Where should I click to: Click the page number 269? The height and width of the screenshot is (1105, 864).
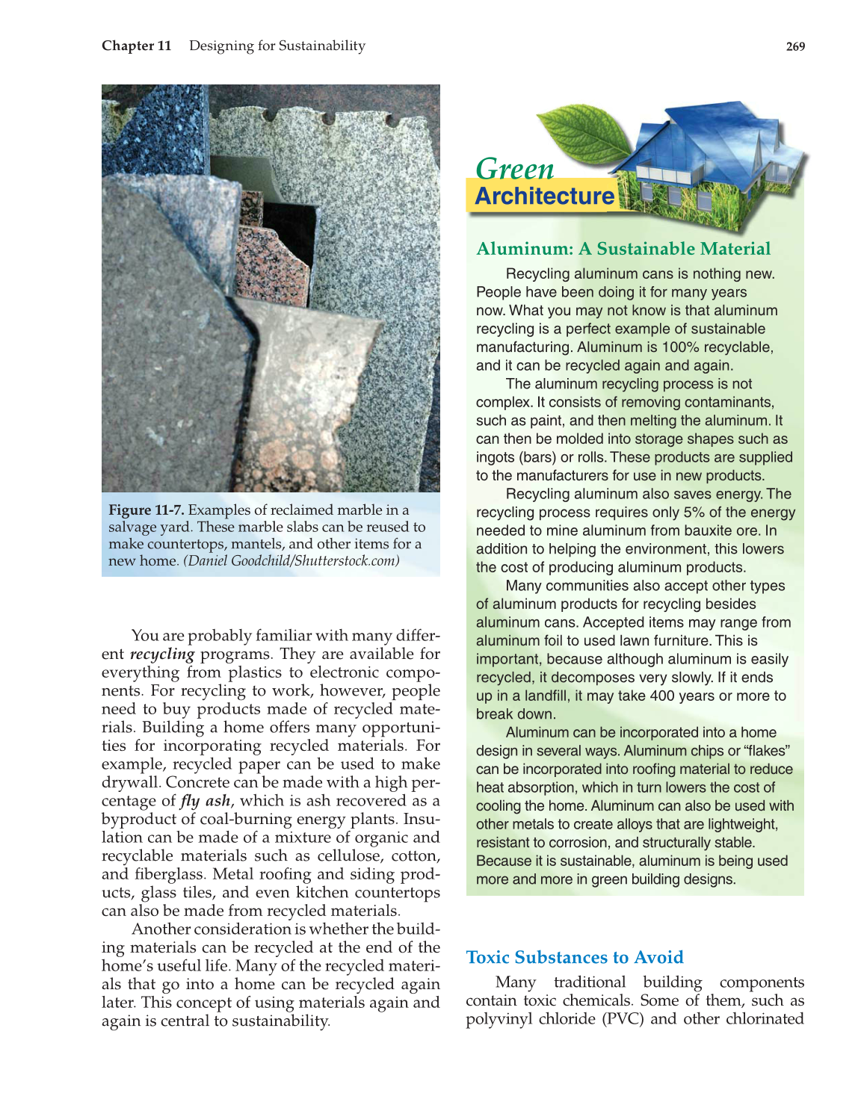(x=795, y=46)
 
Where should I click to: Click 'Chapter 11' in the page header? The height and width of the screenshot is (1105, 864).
(x=136, y=46)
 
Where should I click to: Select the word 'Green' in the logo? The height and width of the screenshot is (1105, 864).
(x=514, y=169)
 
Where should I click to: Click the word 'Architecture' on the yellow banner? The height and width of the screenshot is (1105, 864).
(x=544, y=196)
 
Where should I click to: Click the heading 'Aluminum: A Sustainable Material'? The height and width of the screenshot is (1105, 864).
(x=623, y=249)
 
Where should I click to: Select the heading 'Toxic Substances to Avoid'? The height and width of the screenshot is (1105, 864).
(x=574, y=957)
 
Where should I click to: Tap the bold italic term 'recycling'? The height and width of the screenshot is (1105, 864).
(x=161, y=654)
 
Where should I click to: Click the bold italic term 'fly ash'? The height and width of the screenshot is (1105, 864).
(x=206, y=800)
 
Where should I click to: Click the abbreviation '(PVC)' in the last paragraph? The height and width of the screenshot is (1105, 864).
(x=623, y=1018)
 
